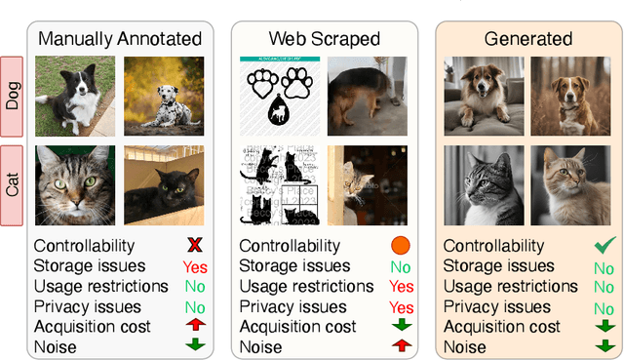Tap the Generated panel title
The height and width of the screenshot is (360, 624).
tap(527, 39)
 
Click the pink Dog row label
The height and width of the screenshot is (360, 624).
tap(14, 94)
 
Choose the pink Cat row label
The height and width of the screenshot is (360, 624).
tap(14, 185)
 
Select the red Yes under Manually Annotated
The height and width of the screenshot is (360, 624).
tap(195, 266)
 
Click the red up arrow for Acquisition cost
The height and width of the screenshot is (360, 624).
tap(195, 326)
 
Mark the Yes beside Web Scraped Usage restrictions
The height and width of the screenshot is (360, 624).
tap(401, 287)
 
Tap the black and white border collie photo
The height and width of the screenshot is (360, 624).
tap(74, 95)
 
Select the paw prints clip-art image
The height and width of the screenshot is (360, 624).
tap(279, 95)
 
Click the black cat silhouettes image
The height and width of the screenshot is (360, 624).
tap(279, 185)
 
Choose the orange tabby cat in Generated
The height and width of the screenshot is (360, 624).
tap(571, 185)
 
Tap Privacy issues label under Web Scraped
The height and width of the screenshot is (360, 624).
tap(292, 306)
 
